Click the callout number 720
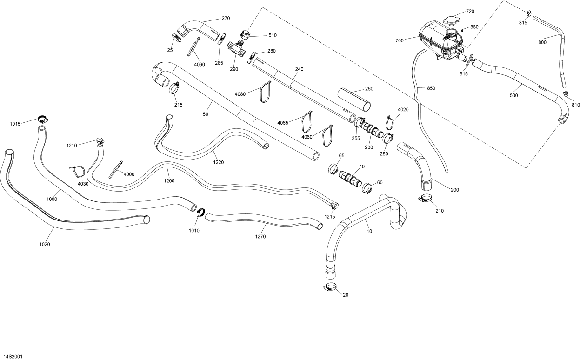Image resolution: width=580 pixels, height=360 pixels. tap(470, 11)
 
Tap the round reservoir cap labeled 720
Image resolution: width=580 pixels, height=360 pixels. tap(450, 20)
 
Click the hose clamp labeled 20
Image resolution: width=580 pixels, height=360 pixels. tap(331, 287)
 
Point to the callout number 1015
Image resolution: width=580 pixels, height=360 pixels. tap(15, 124)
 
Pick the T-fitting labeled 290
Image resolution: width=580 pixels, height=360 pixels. tap(236, 48)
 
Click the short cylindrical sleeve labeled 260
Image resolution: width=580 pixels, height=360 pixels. tap(355, 99)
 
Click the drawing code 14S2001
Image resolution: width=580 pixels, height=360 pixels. tap(13, 357)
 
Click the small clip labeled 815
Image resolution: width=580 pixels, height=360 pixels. tap(529, 13)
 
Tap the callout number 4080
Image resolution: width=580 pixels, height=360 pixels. tap(240, 94)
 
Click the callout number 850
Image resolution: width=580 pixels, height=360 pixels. tap(431, 88)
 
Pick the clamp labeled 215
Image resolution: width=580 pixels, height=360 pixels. tap(175, 87)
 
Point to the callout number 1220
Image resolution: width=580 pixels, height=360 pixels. tap(219, 163)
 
